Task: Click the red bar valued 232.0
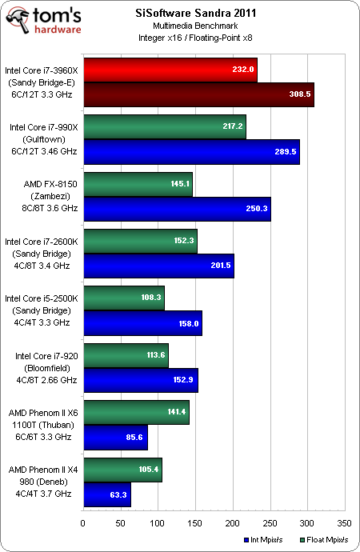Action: click(170, 70)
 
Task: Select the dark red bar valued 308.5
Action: click(198, 94)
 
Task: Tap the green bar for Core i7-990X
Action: click(164, 127)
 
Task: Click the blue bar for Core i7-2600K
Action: click(158, 265)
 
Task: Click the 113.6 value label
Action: click(150, 355)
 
